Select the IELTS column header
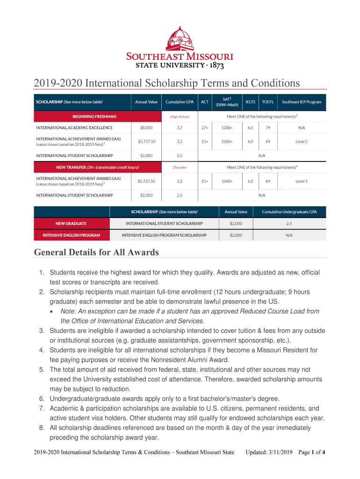(x=251, y=102)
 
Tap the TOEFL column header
(x=268, y=102)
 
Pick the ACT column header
(x=205, y=102)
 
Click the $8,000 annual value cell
(x=146, y=127)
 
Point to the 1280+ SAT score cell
(x=227, y=127)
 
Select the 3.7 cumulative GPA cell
(x=180, y=127)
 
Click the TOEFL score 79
(x=268, y=127)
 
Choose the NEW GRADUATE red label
(x=72, y=224)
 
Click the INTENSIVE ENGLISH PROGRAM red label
(x=72, y=235)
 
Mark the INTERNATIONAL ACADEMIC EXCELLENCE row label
(x=74, y=127)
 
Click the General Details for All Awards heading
(x=96, y=253)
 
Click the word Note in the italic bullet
(x=68, y=311)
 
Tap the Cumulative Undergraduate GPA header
(x=289, y=212)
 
